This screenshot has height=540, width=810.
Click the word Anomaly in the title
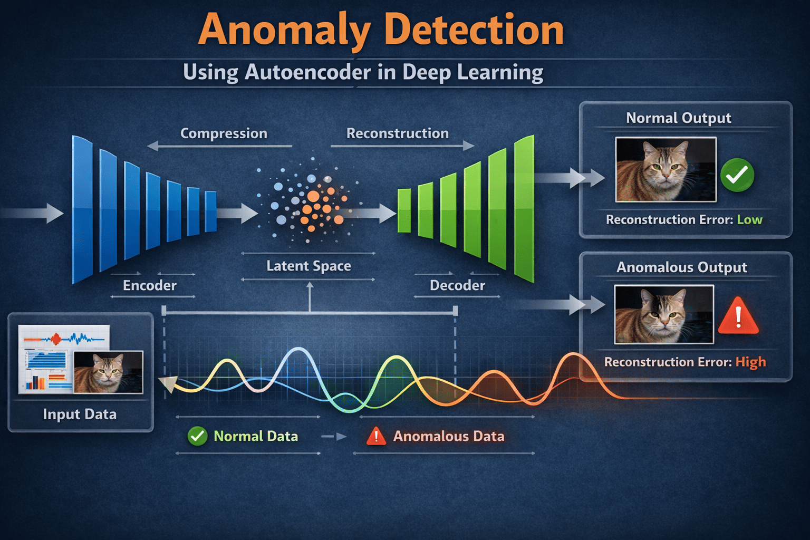[285, 31]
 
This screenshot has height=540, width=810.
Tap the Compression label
[224, 133]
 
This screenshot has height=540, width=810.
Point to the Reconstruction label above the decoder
[397, 133]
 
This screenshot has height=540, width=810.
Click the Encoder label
[150, 285]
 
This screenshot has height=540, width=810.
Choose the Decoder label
[457, 285]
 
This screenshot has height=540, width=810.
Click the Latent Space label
[308, 266]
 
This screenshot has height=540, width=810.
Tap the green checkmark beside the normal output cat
[737, 175]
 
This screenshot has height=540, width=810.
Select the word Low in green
[749, 219]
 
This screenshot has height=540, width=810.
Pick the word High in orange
[750, 362]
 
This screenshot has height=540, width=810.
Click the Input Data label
[80, 414]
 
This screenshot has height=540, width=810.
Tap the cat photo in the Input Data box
[108, 372]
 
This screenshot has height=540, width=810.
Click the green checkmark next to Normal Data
[198, 436]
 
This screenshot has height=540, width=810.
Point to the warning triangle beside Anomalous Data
[376, 436]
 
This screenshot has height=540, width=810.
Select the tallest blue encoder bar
[82, 210]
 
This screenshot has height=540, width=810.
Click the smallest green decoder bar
[404, 210]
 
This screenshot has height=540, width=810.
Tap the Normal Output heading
[678, 118]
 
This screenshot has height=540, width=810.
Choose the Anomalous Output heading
[681, 267]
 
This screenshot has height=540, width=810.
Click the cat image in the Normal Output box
[666, 169]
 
